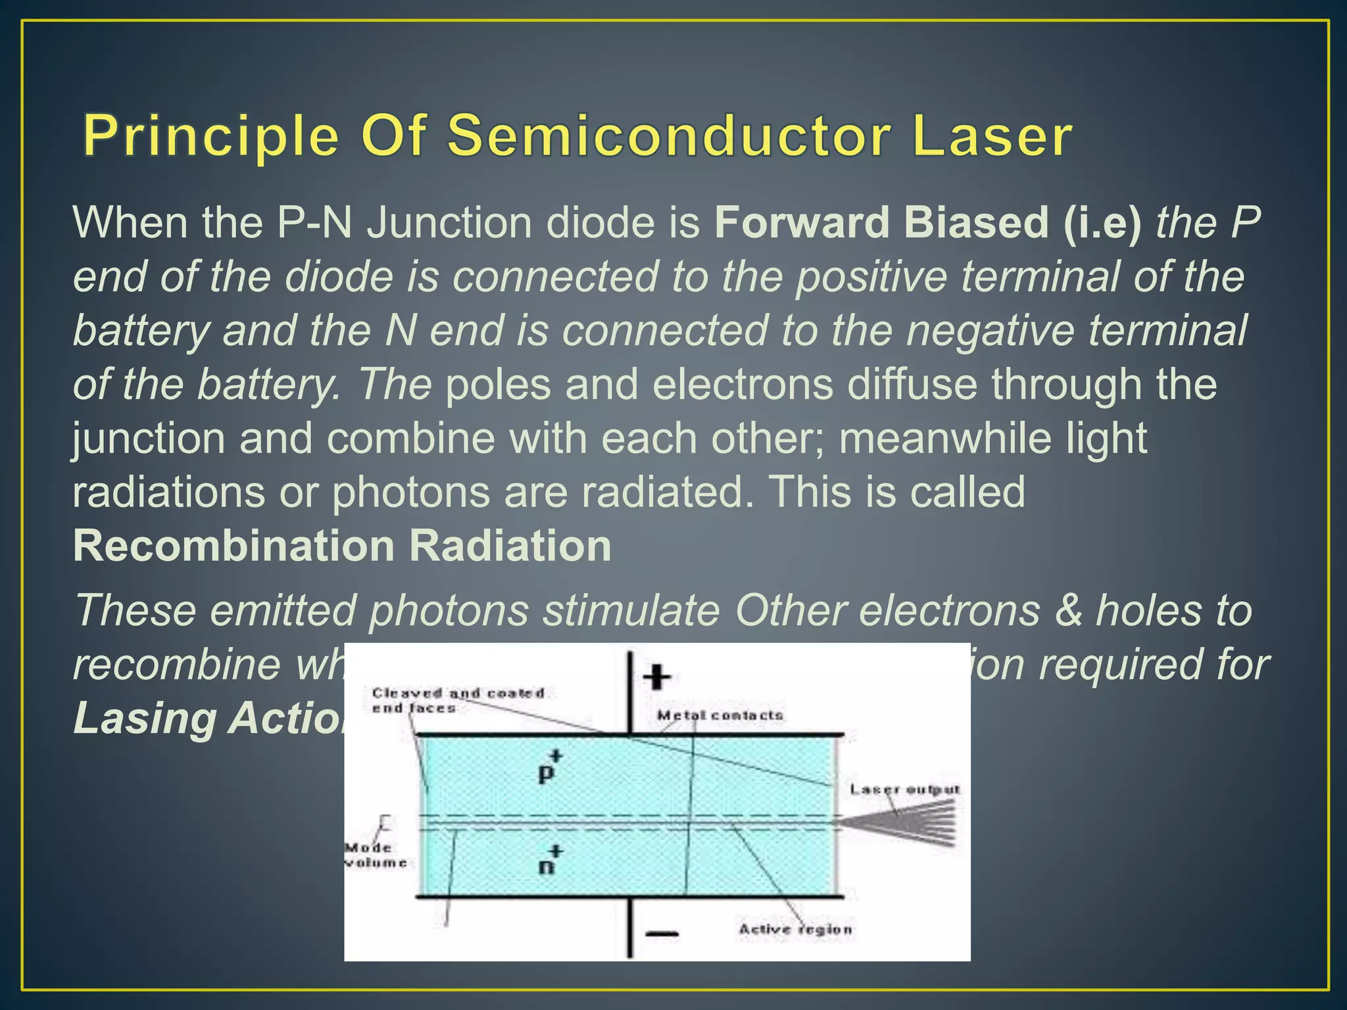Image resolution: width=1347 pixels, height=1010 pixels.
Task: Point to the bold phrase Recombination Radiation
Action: coord(342,546)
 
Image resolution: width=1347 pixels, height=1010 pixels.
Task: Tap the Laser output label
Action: coord(905,789)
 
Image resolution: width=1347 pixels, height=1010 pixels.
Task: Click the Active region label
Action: coord(795,929)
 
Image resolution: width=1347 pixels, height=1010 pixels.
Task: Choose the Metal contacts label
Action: coord(721,715)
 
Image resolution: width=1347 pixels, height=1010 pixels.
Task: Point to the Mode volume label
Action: coord(376,855)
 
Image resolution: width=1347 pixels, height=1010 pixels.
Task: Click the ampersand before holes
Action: coord(1067,610)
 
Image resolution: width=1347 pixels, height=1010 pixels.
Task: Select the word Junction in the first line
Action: coord(449,222)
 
